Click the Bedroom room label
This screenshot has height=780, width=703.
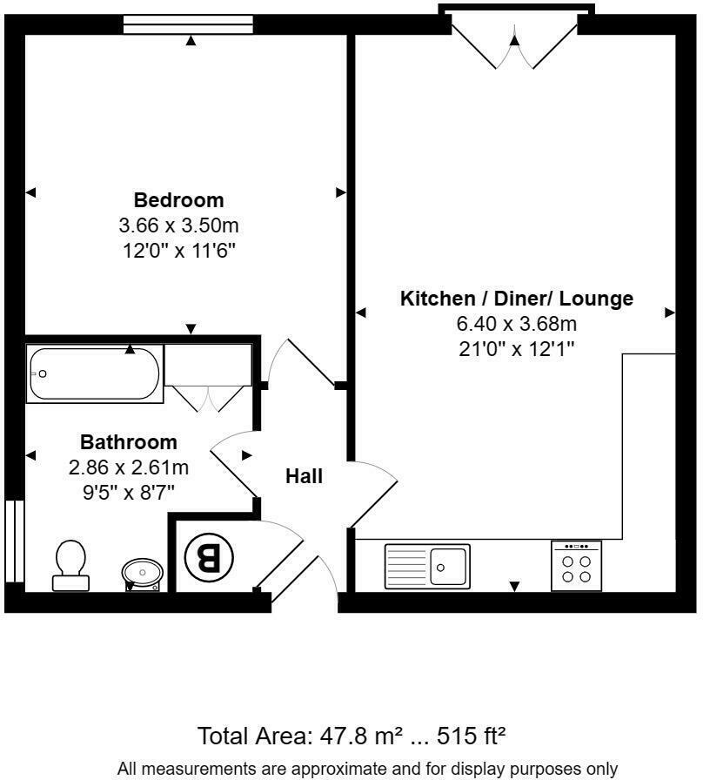[178, 199]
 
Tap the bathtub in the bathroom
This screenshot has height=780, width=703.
[94, 373]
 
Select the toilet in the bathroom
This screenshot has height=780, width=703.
[70, 565]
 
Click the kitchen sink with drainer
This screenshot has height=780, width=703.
[426, 565]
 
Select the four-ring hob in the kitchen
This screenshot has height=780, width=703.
[576, 567]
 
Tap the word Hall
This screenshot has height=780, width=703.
[305, 476]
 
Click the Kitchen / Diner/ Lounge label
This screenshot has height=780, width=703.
[516, 299]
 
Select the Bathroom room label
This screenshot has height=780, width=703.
[129, 441]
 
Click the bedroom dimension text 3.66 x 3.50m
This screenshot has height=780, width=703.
[178, 225]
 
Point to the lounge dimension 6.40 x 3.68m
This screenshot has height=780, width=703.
[517, 324]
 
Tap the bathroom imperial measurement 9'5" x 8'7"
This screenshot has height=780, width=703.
[129, 492]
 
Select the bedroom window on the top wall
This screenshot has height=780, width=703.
[188, 24]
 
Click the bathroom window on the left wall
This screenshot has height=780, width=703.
[12, 540]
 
